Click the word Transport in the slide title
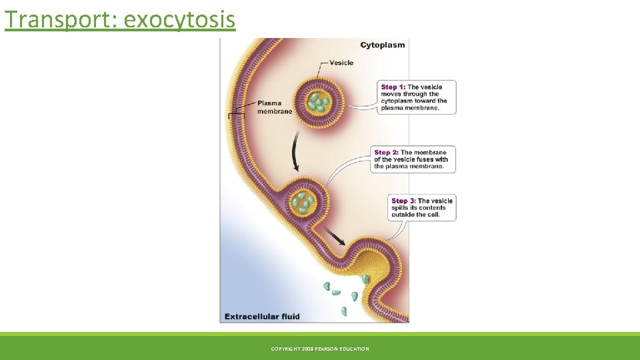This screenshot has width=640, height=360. click(59, 19)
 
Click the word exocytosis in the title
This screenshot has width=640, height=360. click(179, 19)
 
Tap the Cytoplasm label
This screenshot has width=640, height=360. click(382, 45)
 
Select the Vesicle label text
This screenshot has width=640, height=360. click(341, 63)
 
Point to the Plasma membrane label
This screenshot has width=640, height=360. click(275, 107)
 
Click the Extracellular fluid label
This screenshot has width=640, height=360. click(262, 316)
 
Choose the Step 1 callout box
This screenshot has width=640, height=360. click(418, 97)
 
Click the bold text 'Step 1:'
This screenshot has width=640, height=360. click(393, 87)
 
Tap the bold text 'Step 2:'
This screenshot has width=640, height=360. click(386, 153)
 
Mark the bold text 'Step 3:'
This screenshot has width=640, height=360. click(403, 201)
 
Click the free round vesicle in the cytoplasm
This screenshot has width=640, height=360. click(318, 101)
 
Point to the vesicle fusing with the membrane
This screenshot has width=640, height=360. click(306, 202)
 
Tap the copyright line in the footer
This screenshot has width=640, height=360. click(320, 349)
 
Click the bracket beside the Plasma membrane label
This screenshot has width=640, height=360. click(237, 115)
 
